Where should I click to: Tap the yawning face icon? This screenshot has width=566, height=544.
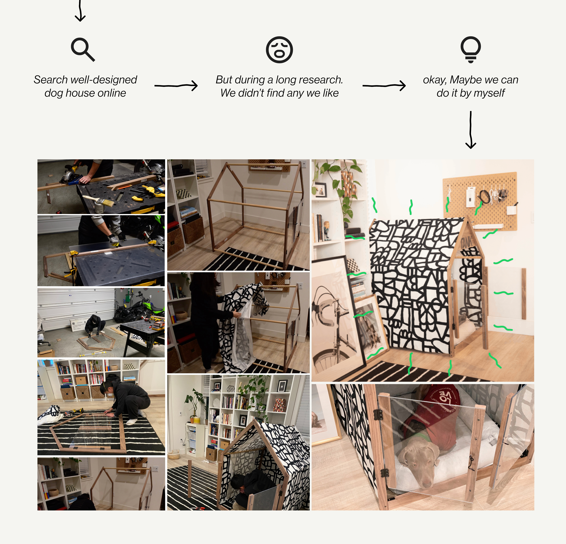pyautogui.click(x=279, y=50)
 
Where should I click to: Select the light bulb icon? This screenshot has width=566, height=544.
pyautogui.click(x=471, y=49)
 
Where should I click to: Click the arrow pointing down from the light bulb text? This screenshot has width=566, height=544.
pyautogui.click(x=471, y=130)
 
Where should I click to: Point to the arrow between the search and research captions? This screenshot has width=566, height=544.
pyautogui.click(x=176, y=86)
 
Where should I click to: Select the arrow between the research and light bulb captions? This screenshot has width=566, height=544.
pyautogui.click(x=384, y=86)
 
